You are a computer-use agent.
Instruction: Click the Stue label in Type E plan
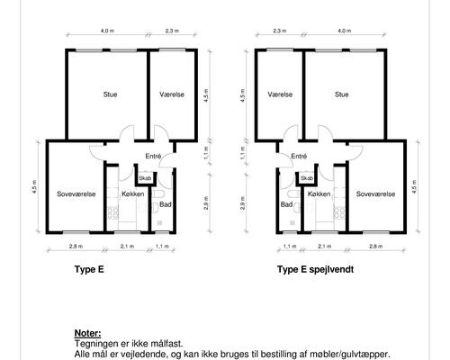[110, 94]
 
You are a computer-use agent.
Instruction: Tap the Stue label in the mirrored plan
[342, 94]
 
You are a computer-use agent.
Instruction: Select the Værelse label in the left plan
[172, 94]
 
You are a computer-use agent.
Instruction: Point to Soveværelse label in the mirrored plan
[375, 194]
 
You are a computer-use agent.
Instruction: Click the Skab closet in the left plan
[145, 177]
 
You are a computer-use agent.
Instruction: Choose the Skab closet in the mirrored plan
[307, 177]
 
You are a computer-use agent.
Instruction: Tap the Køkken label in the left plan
[133, 194]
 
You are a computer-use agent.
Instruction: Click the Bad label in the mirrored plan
[286, 204]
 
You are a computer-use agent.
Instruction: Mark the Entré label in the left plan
[153, 157]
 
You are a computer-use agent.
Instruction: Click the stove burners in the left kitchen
[113, 212]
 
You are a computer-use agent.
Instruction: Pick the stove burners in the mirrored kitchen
[339, 212]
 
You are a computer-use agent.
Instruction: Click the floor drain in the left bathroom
[159, 222]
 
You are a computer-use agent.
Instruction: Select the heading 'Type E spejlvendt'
[315, 269]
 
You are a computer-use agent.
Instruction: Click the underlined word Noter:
[87, 333]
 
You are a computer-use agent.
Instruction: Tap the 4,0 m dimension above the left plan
[107, 31]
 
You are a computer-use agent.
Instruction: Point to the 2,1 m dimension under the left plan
[127, 247]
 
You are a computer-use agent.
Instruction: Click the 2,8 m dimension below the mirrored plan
[376, 247]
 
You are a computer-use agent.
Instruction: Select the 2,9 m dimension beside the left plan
[206, 202]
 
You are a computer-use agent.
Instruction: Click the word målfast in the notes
[166, 344]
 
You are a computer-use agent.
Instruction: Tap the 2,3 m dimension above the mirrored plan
[280, 31]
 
